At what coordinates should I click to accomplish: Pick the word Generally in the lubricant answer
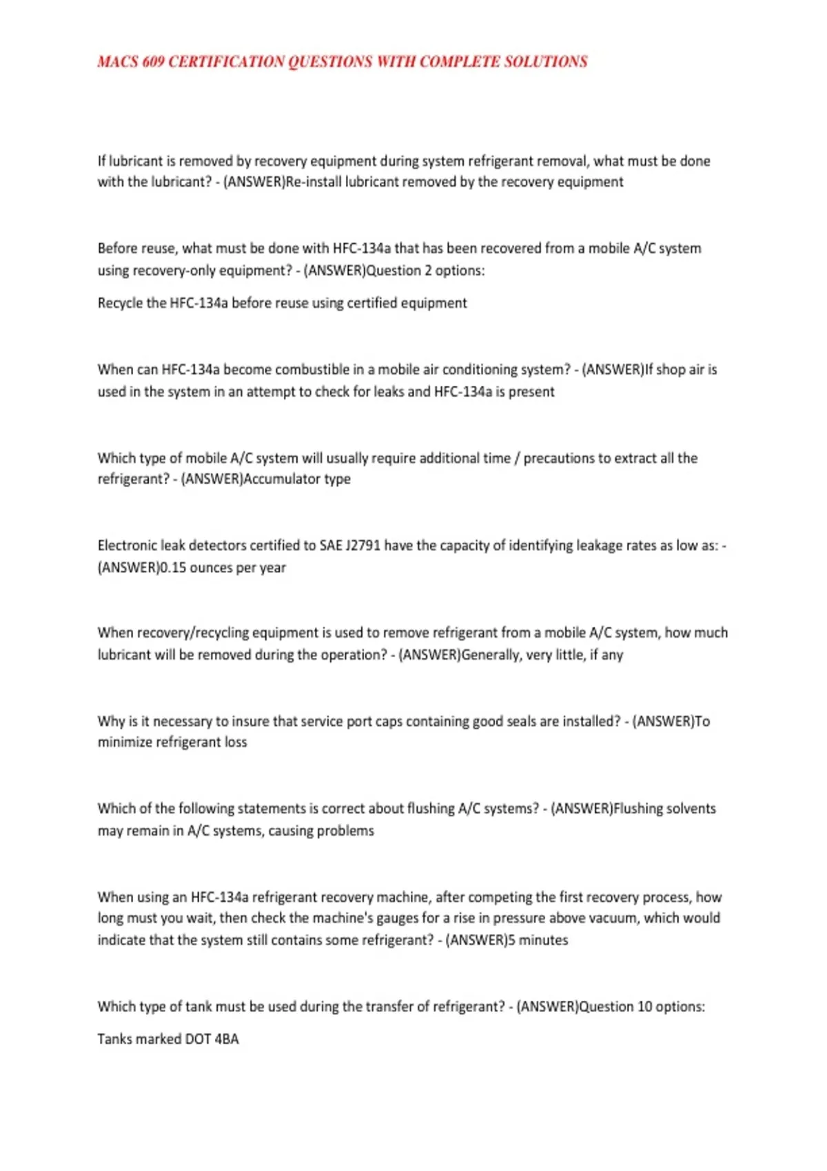point(491,654)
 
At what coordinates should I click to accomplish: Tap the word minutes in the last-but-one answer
point(543,940)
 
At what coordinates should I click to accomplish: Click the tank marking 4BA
point(226,1039)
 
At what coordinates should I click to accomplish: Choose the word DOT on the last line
point(198,1039)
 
